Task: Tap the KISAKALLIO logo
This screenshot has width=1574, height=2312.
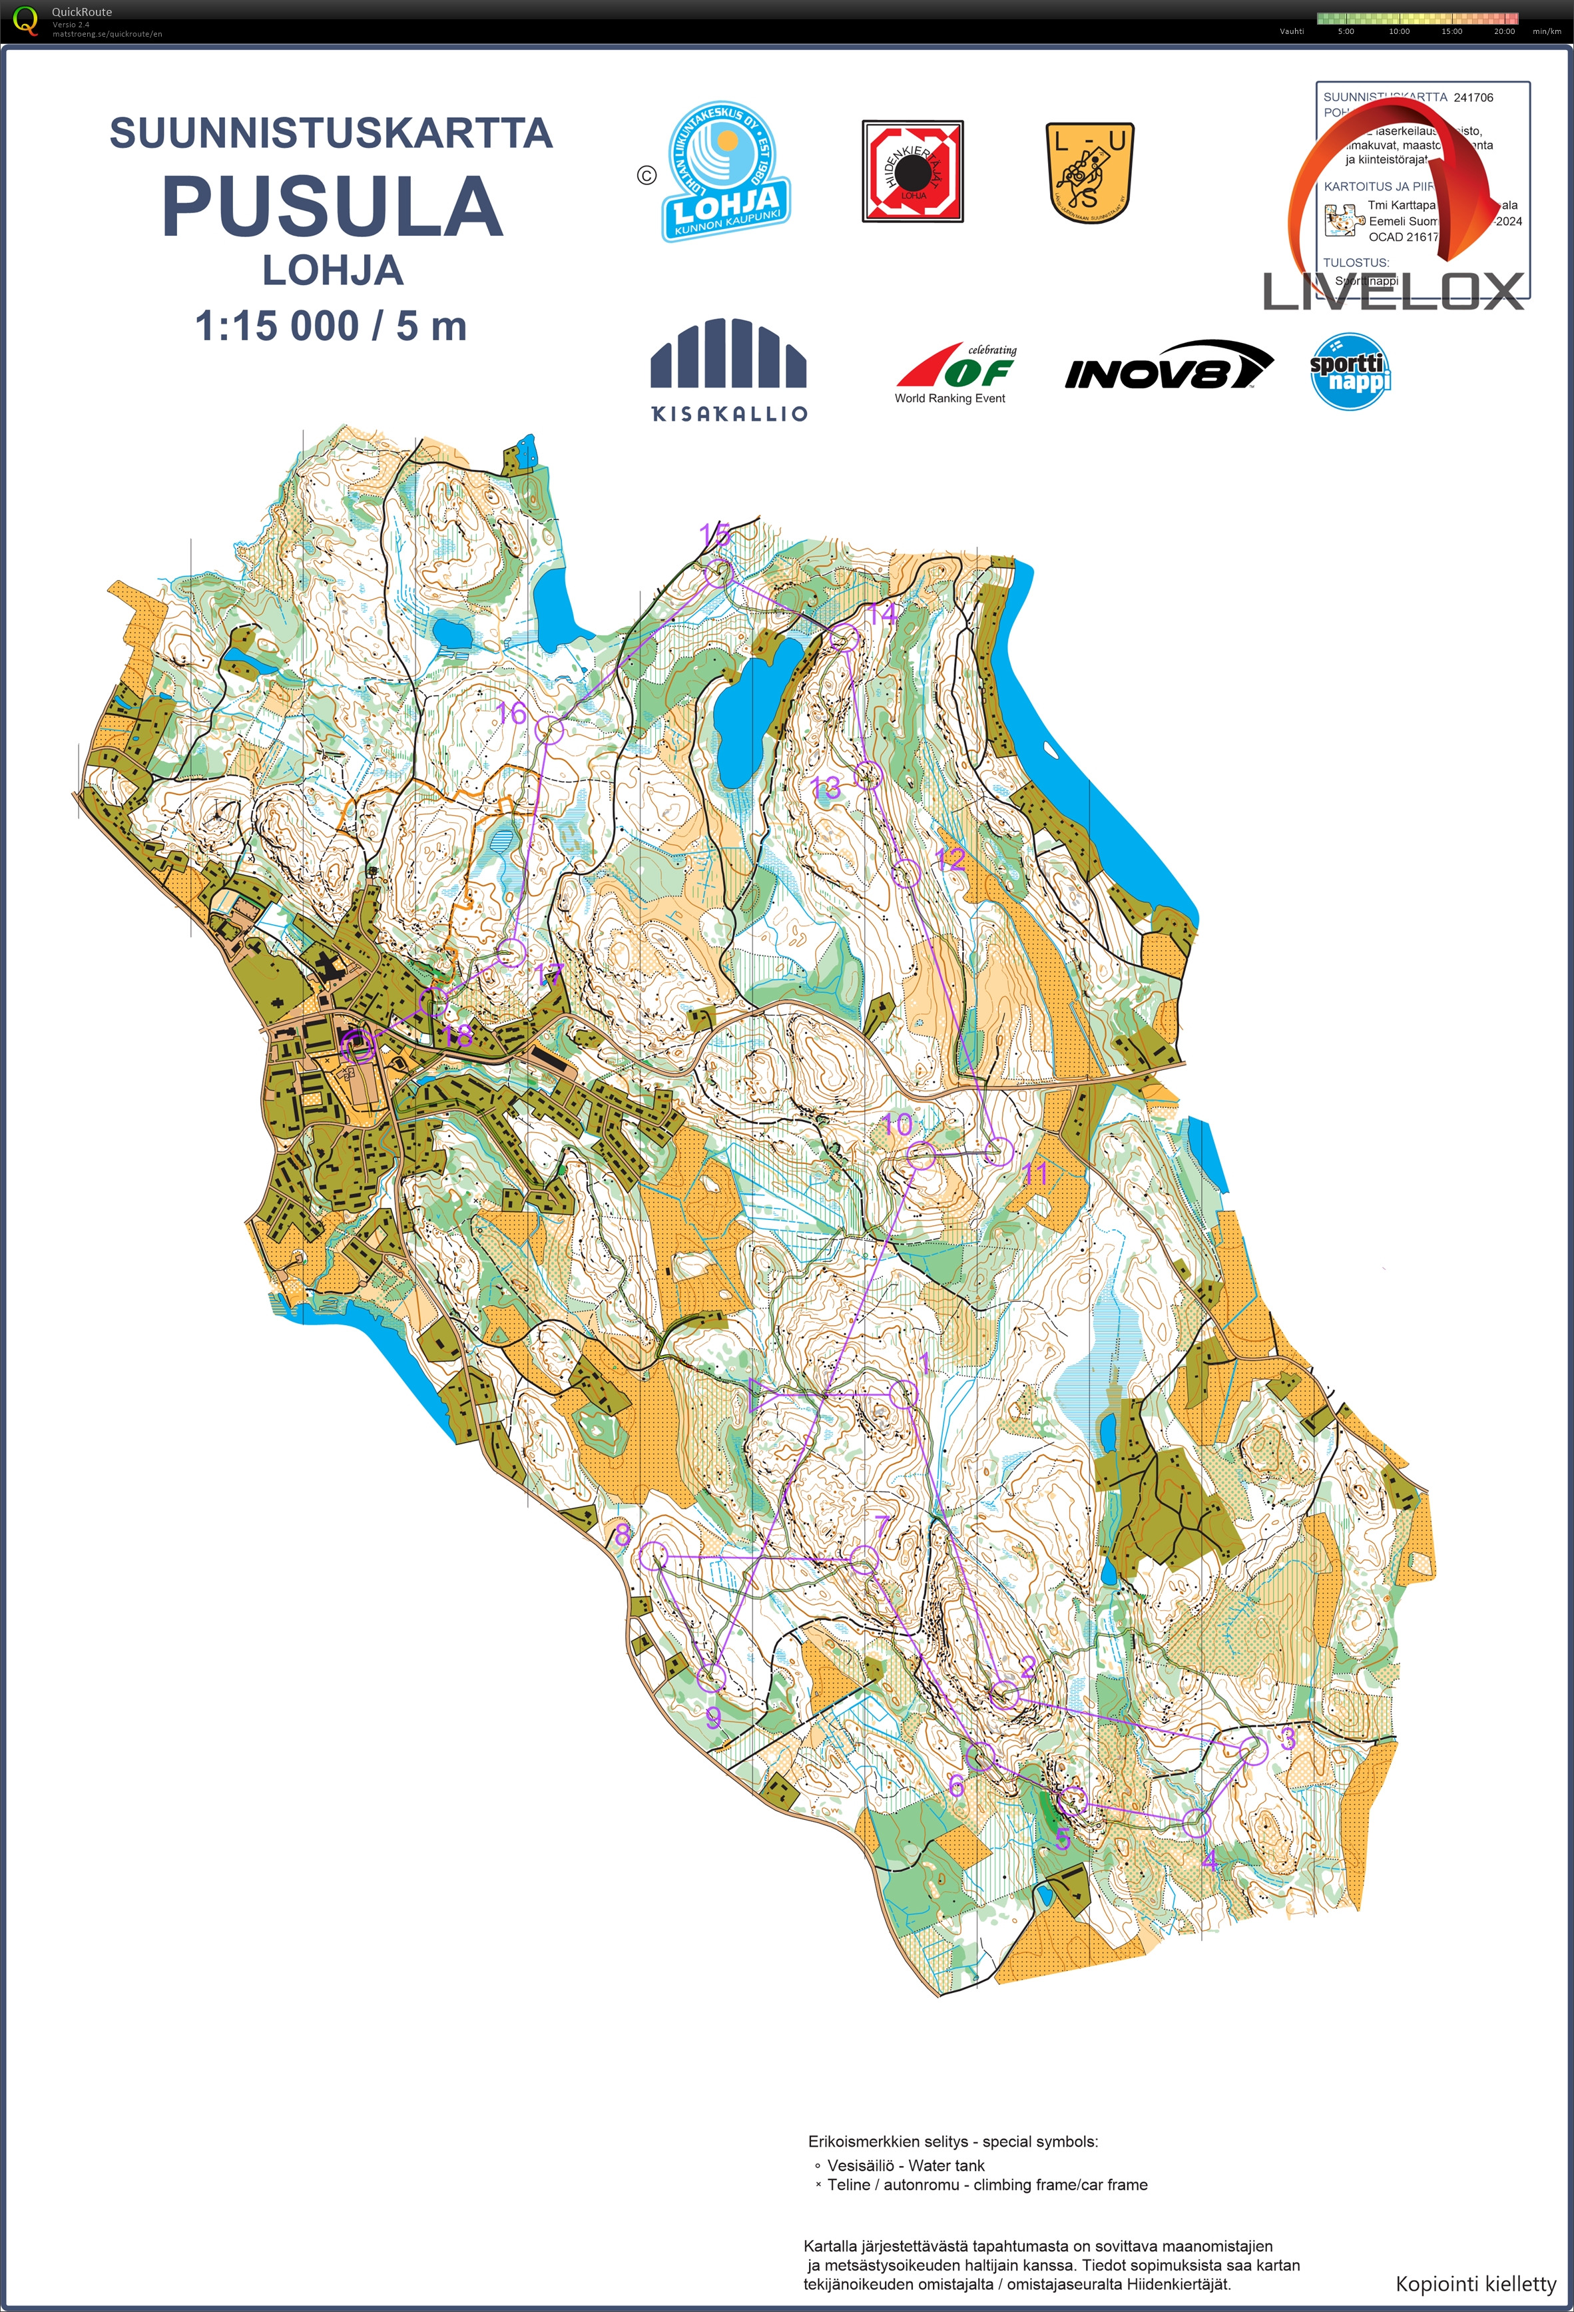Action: pyautogui.click(x=728, y=369)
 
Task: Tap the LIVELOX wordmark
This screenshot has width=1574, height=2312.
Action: pyautogui.click(x=1393, y=292)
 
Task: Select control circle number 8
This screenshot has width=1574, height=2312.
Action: pyautogui.click(x=653, y=1556)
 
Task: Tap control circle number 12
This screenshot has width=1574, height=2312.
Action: pyautogui.click(x=906, y=874)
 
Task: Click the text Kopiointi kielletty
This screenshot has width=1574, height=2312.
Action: pyautogui.click(x=1475, y=2283)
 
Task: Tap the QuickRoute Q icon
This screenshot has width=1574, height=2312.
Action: pyautogui.click(x=25, y=20)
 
